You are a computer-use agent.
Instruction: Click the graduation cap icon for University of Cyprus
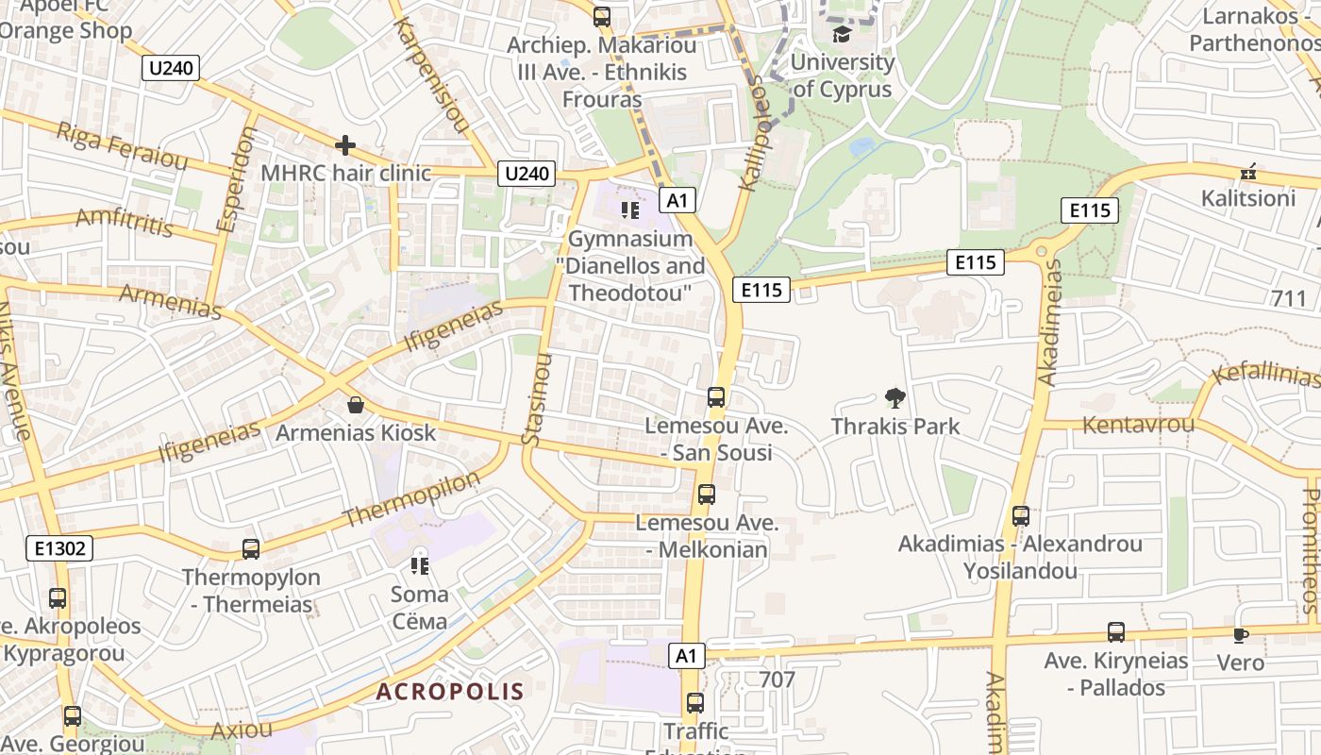(x=841, y=35)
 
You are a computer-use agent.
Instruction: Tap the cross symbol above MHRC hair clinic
(x=345, y=145)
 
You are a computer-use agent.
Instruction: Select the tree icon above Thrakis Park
(x=895, y=398)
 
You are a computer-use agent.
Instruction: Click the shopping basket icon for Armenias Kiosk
(x=356, y=405)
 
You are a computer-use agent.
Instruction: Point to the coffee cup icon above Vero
(x=1240, y=635)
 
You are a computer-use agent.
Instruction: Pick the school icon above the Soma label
(x=420, y=566)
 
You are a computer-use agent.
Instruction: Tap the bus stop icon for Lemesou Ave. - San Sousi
(x=716, y=397)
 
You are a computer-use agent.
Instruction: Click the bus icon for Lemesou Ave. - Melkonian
(x=706, y=494)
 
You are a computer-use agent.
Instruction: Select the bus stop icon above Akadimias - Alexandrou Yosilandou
(x=1020, y=516)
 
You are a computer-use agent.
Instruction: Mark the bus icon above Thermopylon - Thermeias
(x=251, y=548)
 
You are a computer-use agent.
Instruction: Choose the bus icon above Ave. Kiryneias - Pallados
(x=1116, y=632)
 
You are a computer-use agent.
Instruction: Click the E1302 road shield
(x=59, y=548)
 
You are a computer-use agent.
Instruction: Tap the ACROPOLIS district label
(x=450, y=692)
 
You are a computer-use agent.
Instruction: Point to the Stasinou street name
(x=535, y=399)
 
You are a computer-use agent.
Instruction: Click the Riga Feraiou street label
(x=122, y=145)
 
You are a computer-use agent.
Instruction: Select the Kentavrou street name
(x=1138, y=424)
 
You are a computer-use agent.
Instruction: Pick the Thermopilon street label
(x=411, y=499)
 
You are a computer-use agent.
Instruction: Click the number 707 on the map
(x=777, y=679)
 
